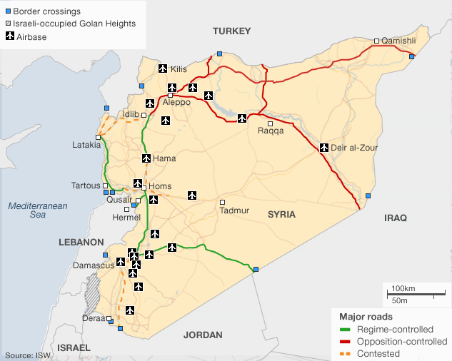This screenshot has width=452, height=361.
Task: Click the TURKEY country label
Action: click(232, 31)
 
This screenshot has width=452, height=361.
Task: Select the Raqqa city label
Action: click(271, 131)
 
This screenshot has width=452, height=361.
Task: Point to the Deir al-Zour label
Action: click(354, 148)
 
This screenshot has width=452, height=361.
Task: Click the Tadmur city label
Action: click(235, 210)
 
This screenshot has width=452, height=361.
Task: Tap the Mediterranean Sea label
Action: click(37, 210)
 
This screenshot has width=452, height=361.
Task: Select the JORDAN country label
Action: click(203, 335)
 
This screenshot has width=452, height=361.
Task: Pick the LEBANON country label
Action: click(82, 243)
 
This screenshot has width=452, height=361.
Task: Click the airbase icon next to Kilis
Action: click(162, 69)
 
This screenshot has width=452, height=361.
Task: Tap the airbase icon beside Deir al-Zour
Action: click(325, 148)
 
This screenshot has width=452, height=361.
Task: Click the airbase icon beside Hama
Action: click(146, 158)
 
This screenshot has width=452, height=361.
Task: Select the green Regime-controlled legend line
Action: click(346, 330)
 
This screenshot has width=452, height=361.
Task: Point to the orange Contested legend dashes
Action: click(346, 352)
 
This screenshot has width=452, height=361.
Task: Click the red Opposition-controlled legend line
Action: click(346, 341)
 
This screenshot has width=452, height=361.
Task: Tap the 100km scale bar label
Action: click(404, 288)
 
